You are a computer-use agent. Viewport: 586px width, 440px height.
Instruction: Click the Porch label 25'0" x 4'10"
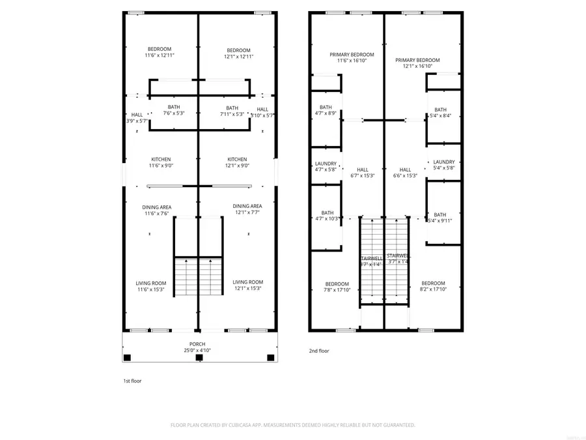tap(197, 347)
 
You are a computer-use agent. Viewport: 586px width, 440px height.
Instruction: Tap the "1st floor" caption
tap(132, 381)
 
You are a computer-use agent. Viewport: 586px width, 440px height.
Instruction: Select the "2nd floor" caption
tap(319, 351)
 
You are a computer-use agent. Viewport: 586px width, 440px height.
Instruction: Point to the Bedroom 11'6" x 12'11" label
tap(160, 53)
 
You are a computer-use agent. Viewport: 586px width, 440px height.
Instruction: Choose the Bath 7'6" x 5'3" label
tap(174, 110)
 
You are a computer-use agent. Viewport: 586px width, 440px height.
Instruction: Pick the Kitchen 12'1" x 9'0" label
tap(237, 162)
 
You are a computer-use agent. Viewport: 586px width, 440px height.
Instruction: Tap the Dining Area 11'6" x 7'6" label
tap(157, 210)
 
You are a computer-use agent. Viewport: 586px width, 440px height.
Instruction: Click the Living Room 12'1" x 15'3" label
tap(247, 286)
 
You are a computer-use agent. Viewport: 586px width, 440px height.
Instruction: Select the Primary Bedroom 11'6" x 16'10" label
tap(352, 57)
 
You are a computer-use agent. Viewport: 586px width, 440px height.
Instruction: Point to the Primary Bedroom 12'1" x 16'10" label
tap(417, 63)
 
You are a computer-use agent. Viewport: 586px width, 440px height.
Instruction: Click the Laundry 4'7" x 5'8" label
tap(326, 167)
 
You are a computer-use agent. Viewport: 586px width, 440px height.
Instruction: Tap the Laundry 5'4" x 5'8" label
tap(443, 165)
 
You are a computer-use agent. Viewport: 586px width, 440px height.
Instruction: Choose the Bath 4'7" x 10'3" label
tap(327, 216)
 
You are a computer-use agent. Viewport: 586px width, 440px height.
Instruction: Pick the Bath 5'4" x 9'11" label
tap(440, 218)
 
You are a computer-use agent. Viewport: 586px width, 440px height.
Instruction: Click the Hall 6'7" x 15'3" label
tap(363, 173)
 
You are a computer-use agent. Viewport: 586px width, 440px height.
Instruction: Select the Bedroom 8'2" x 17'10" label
tap(433, 287)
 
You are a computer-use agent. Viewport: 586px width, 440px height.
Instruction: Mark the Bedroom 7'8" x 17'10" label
tap(337, 287)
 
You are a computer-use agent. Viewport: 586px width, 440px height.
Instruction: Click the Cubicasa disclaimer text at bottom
tap(293, 425)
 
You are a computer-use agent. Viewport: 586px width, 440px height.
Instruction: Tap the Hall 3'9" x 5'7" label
tap(137, 118)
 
